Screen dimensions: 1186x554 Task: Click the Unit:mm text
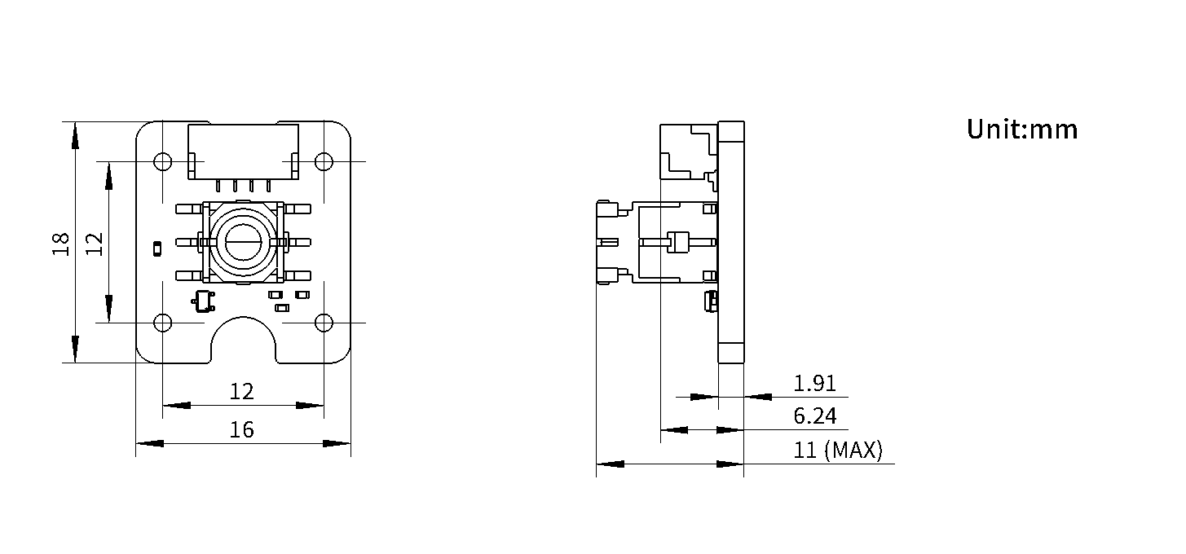coord(1022,129)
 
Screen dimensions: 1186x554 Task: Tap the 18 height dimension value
coord(61,244)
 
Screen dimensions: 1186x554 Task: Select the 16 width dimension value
coord(241,429)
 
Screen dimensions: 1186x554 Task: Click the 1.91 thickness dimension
coord(814,383)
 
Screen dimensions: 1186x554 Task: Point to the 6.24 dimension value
coord(815,415)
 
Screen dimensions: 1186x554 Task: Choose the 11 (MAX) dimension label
coord(838,450)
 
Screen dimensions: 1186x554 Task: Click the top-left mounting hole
coord(162,160)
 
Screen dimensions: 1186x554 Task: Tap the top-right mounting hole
coord(324,160)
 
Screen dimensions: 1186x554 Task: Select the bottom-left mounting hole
coord(162,323)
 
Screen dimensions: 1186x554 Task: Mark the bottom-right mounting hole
coord(324,323)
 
